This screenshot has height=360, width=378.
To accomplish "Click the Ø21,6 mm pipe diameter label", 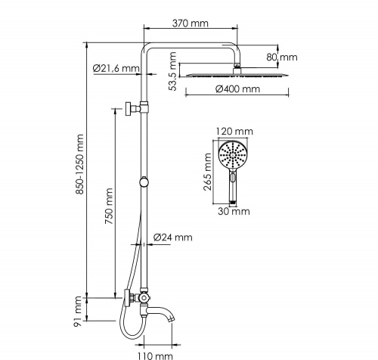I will pos(116,69).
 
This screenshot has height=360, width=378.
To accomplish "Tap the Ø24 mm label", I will pos(173,237).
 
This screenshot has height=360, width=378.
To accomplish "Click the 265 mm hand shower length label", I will pos(209,172).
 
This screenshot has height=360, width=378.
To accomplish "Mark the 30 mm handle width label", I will pos(234,211).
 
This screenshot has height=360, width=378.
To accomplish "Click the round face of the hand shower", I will pos(232,157).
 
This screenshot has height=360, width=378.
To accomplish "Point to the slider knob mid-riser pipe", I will pos(144,181).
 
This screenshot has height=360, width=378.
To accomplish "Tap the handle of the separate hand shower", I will pos(233,189).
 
